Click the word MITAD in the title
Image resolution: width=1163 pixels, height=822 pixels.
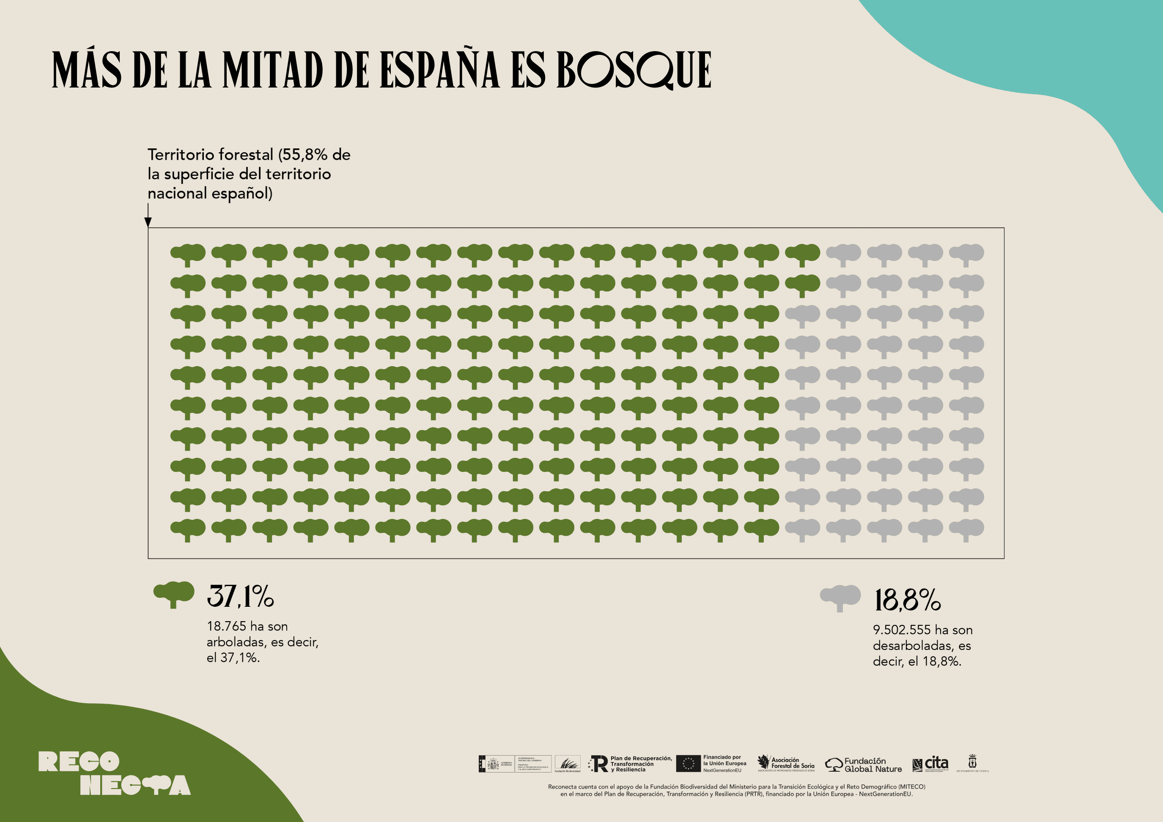coord(272,70)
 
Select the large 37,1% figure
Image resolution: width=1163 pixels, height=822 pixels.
coord(240,596)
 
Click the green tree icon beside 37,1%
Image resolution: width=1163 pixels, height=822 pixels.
coord(174,594)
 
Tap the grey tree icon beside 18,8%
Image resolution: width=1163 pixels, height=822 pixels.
coord(840,597)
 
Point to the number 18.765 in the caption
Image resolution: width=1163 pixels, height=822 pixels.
coord(226,627)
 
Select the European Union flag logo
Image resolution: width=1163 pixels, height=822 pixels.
coord(688,763)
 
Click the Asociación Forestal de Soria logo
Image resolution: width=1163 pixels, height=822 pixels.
coord(786,763)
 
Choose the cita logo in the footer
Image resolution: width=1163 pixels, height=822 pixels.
coord(930,763)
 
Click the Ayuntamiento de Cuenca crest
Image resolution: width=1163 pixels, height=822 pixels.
coord(972,762)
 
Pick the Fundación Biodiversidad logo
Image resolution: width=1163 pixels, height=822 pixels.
coord(567,764)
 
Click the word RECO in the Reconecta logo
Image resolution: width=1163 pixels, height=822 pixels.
coord(79,762)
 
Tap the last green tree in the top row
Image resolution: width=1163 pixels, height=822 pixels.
coord(802,254)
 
